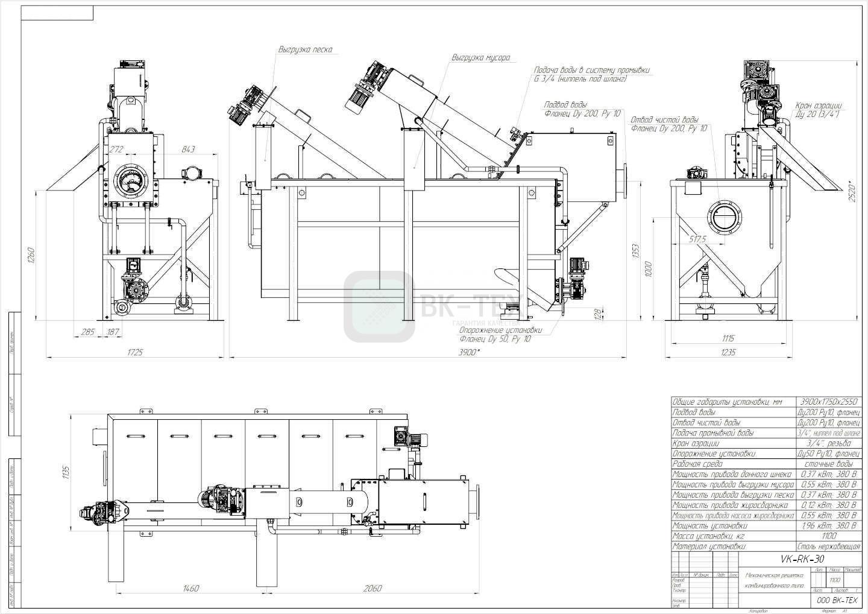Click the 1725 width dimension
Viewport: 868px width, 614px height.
[x=135, y=352]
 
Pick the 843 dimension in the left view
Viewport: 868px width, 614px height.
[x=187, y=150]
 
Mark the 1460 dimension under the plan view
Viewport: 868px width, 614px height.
[x=190, y=588]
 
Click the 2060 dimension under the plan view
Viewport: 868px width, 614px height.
[x=372, y=588]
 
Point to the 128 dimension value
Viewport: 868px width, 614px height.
[x=597, y=314]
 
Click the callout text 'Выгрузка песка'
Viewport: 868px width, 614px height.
[x=305, y=49]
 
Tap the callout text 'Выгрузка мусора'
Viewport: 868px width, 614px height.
[x=481, y=58]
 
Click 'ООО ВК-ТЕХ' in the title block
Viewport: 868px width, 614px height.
[x=836, y=600]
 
